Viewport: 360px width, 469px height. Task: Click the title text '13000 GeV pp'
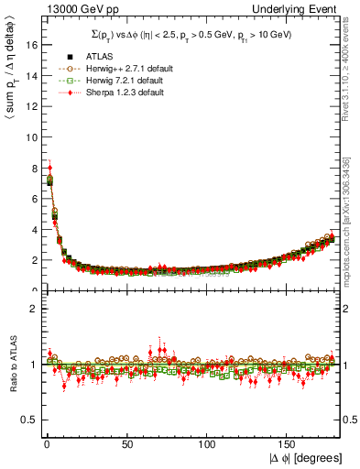(69, 9)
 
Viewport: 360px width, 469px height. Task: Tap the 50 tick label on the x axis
(125, 443)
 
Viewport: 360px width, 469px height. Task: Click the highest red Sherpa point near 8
(49, 168)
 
